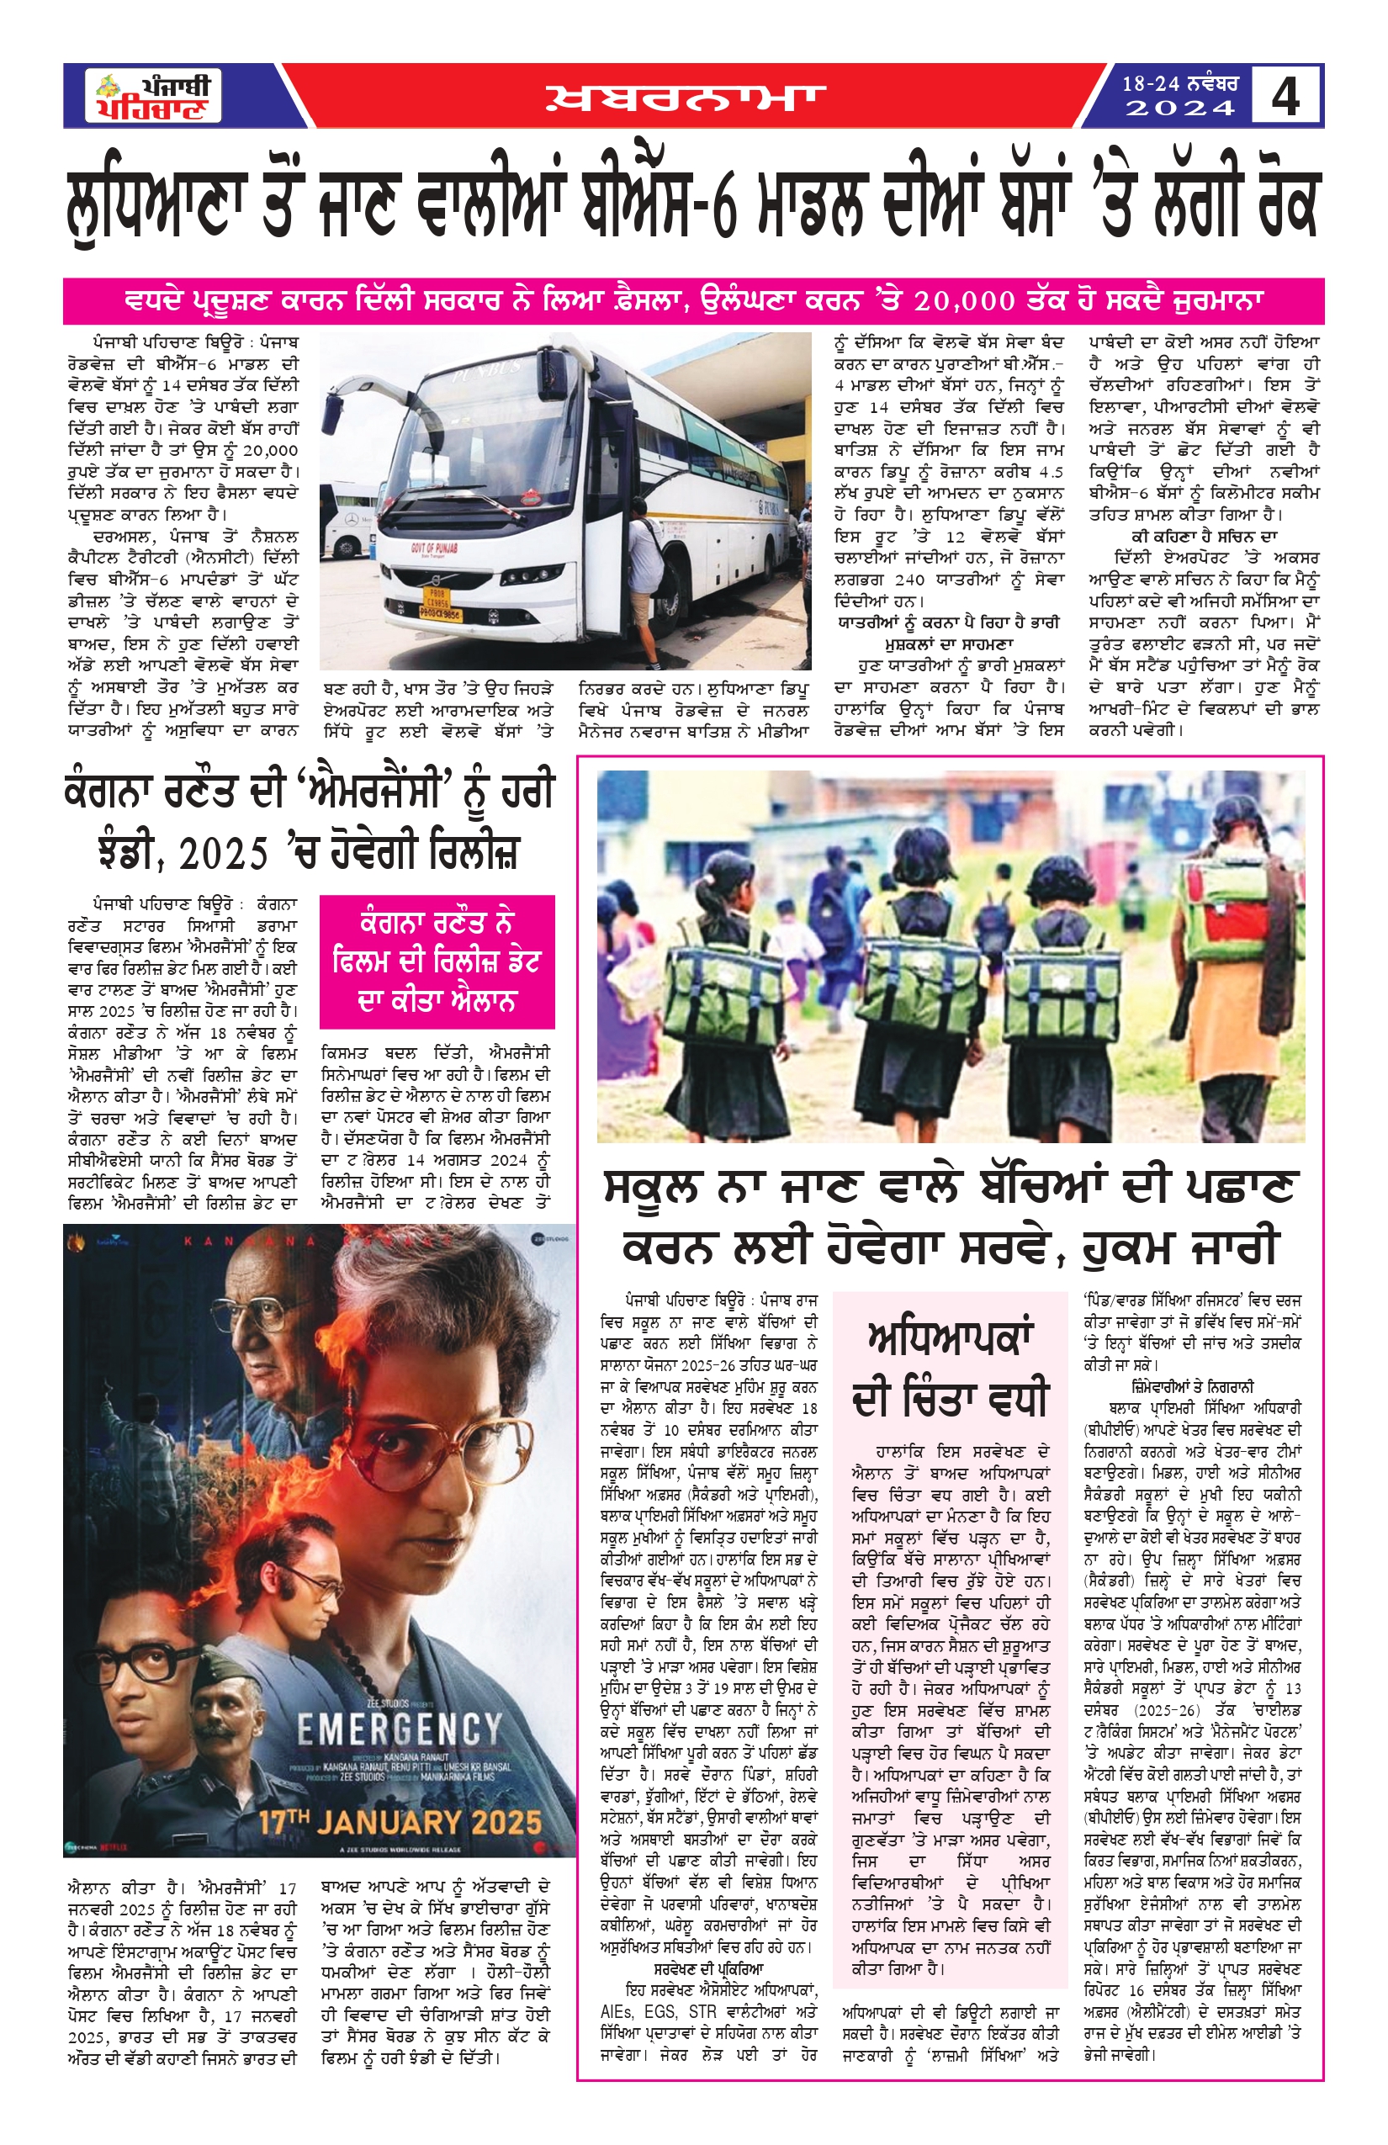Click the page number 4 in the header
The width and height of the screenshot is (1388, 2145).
tap(1285, 97)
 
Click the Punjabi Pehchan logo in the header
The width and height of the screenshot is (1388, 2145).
tap(154, 97)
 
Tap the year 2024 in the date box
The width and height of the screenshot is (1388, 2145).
tap(1179, 109)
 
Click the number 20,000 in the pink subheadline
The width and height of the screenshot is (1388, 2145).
tap(963, 301)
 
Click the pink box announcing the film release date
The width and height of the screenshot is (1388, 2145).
tap(437, 961)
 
